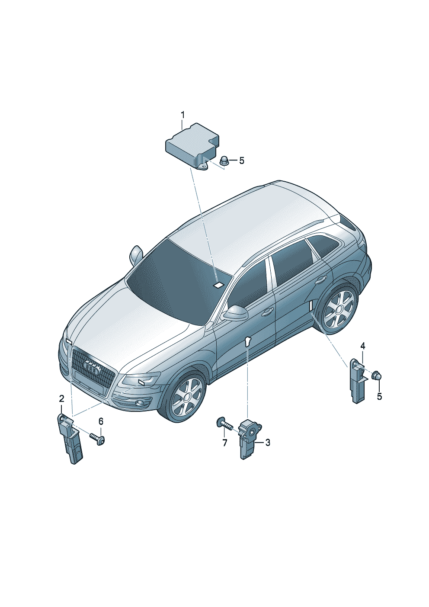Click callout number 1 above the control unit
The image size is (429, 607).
coord(182,115)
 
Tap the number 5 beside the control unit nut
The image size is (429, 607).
coord(241,161)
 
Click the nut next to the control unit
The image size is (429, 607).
coord(224,161)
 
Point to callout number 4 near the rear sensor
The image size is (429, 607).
coord(363,346)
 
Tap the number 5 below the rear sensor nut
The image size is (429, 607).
coord(379,397)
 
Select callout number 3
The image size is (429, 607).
coord(268,443)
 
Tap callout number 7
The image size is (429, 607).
coord(224,443)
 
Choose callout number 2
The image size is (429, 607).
coord(62,398)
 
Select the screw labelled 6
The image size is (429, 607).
coord(97,441)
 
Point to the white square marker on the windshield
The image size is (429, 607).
coord(218,285)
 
